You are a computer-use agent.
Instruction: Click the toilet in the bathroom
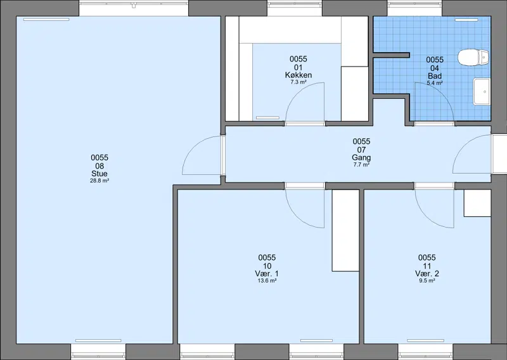tap(473, 57)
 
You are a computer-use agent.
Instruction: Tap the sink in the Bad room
tap(482, 91)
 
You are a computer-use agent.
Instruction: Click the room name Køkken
tap(298, 75)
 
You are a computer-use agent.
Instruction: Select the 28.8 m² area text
tap(99, 181)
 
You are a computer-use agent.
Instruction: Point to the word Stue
tap(99, 174)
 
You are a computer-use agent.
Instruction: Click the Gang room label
tap(361, 158)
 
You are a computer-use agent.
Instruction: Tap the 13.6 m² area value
tap(267, 281)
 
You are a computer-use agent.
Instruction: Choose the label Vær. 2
tap(427, 274)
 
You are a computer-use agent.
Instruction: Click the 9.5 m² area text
tap(427, 281)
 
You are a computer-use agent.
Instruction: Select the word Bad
tap(435, 76)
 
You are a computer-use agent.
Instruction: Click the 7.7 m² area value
tap(361, 165)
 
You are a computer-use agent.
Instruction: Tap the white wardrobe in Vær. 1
tap(345, 230)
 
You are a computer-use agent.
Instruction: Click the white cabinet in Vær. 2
tap(477, 203)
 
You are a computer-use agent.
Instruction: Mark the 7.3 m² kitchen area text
tap(298, 82)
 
